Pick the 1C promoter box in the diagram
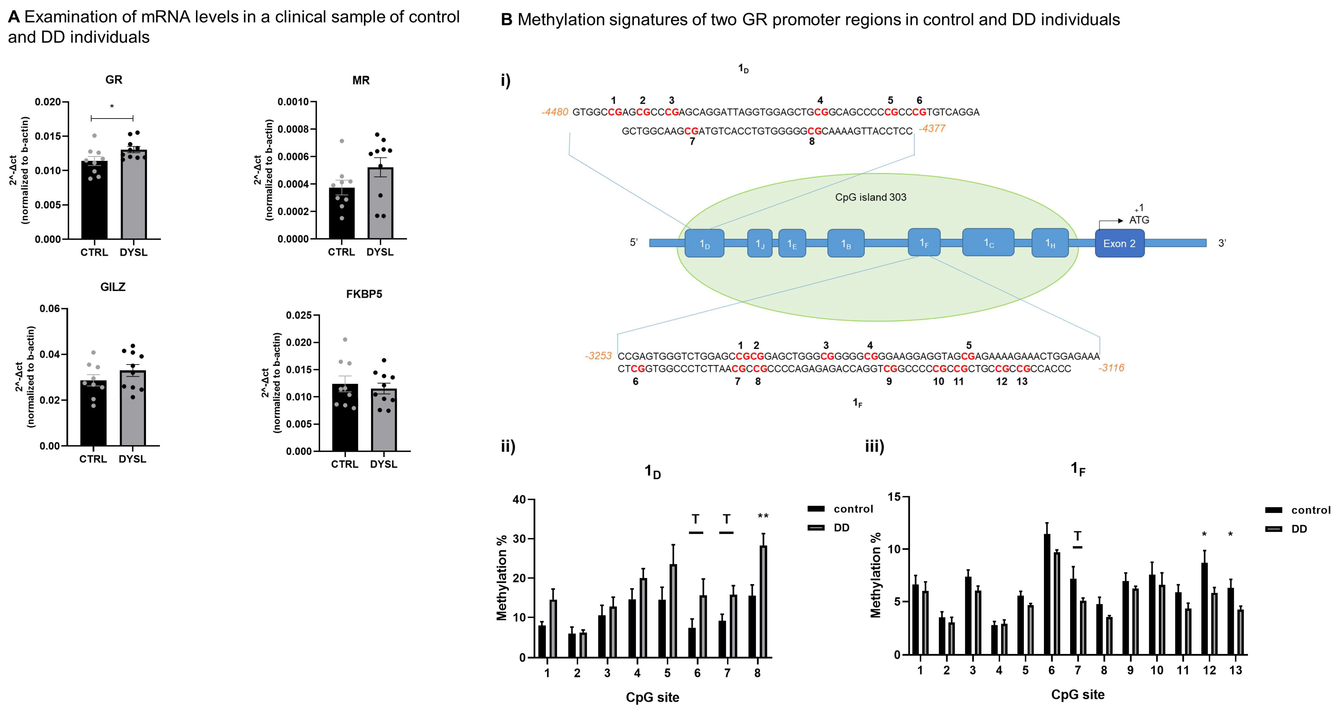(x=988, y=242)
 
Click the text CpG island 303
(x=870, y=198)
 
